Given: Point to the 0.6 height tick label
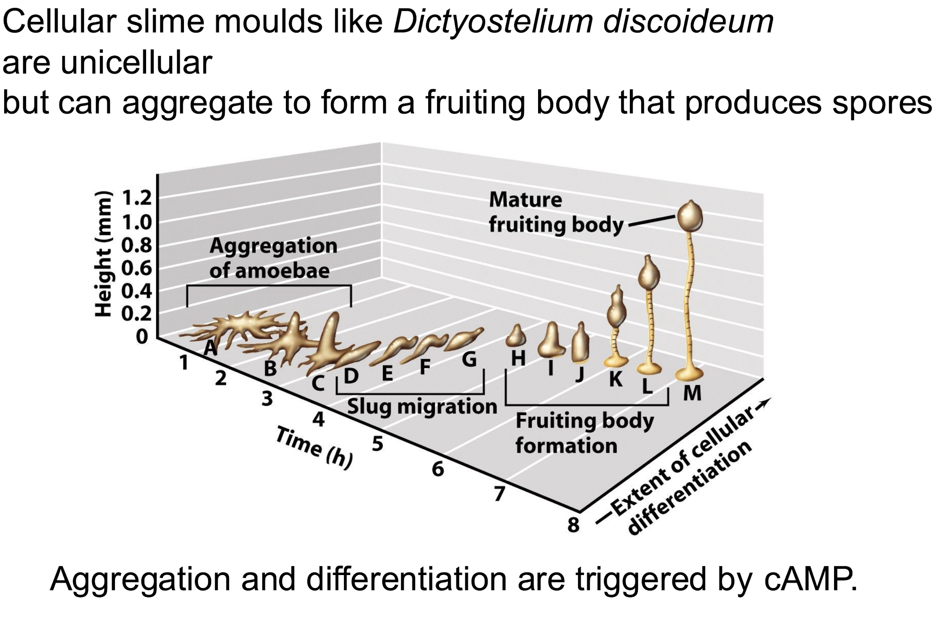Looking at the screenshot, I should (x=136, y=268).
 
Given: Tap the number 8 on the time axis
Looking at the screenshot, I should (x=573, y=524).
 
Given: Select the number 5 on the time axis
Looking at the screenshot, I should (x=378, y=444).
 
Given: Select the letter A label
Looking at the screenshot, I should (x=211, y=348).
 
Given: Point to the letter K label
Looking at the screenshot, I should (x=616, y=379).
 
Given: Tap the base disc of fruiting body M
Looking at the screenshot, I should (x=689, y=373).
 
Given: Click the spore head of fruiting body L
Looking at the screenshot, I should (x=649, y=274).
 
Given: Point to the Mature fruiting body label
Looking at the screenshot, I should (x=556, y=212).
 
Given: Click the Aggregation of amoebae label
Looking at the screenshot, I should (x=273, y=258).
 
